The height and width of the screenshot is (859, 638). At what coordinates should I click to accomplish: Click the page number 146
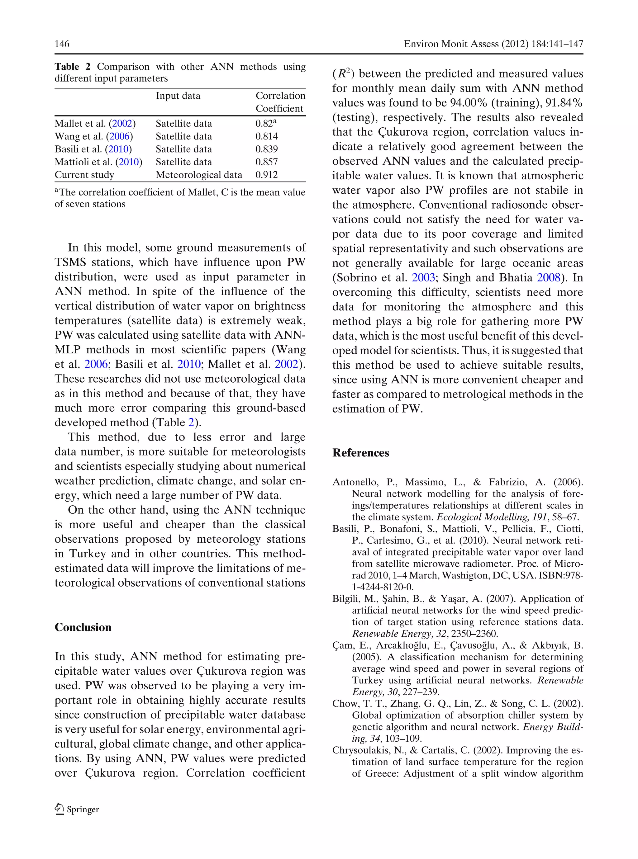coord(62,44)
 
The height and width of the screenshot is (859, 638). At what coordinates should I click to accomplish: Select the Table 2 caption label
coord(72,67)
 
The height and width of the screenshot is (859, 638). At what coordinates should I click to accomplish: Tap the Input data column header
coord(178,96)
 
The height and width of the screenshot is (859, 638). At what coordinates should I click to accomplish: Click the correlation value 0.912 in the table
coord(266,175)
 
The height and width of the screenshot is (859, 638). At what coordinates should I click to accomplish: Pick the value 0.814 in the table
coord(266,136)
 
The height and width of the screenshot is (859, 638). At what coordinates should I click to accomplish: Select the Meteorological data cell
coord(199,175)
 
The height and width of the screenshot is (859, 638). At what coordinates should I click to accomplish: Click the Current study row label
coord(84,175)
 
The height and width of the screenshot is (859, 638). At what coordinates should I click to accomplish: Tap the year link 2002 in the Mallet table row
coord(122,124)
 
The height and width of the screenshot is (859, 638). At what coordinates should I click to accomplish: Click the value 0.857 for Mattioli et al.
coord(266,162)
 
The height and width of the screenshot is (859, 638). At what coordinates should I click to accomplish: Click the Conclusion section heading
coord(83,627)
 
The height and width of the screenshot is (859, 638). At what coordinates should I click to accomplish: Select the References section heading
coord(361,453)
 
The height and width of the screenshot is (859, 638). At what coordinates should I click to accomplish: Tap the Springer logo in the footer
coord(77,809)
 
